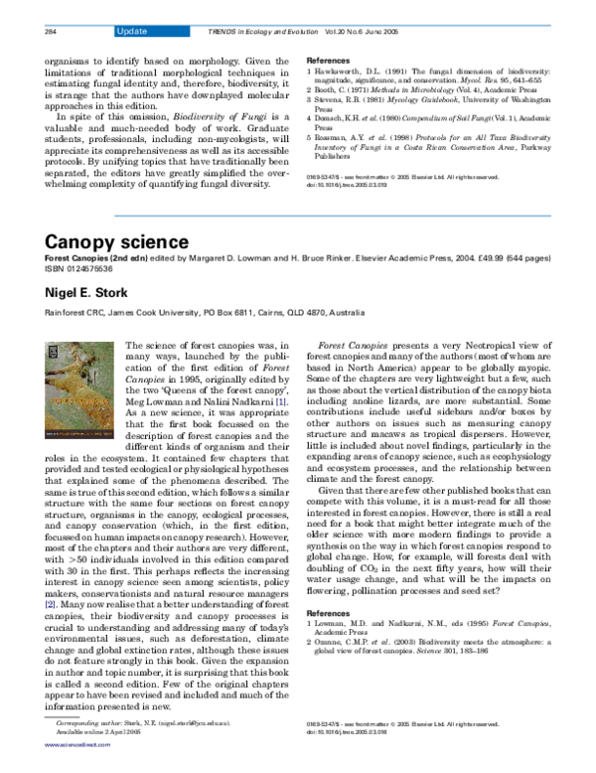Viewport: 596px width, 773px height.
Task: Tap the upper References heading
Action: click(x=328, y=61)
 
